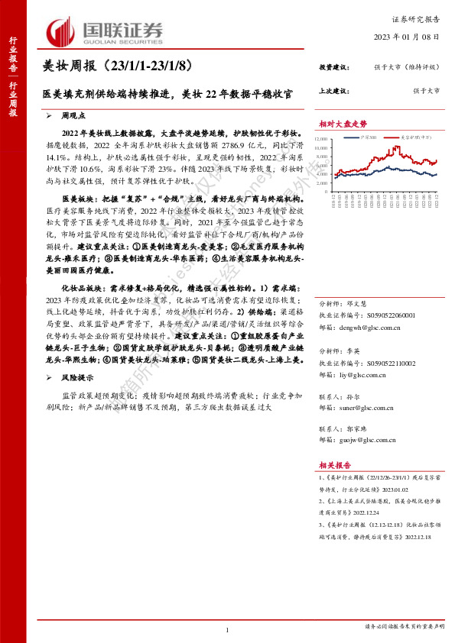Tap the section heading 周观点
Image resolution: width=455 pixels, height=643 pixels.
click(x=75, y=115)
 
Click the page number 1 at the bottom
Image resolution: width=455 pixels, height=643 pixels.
click(x=228, y=629)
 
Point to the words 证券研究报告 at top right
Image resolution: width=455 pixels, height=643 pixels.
click(x=419, y=18)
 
